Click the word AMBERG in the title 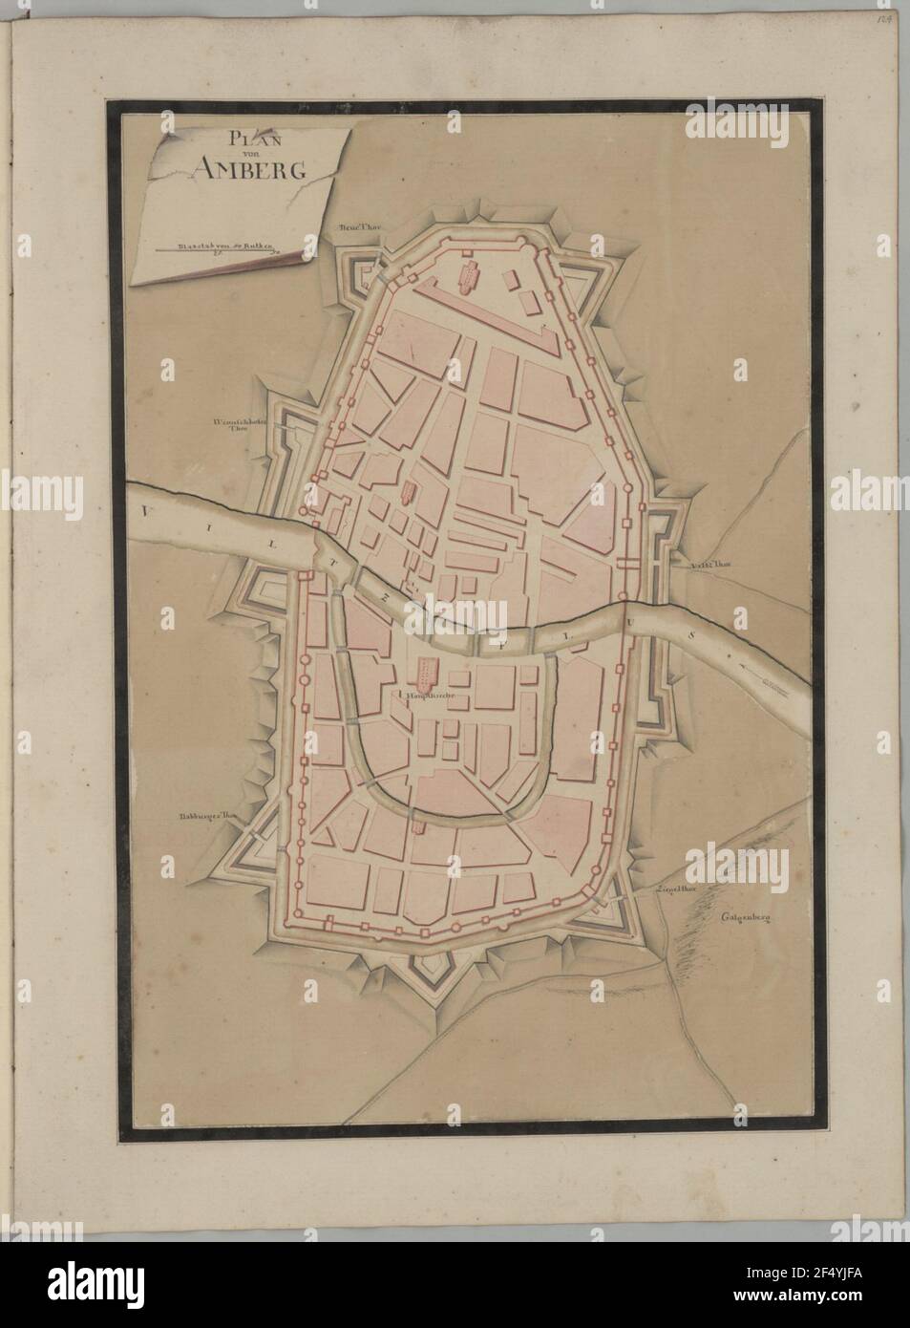click(x=233, y=170)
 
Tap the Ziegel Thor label click(x=673, y=889)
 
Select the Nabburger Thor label click(x=207, y=817)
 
